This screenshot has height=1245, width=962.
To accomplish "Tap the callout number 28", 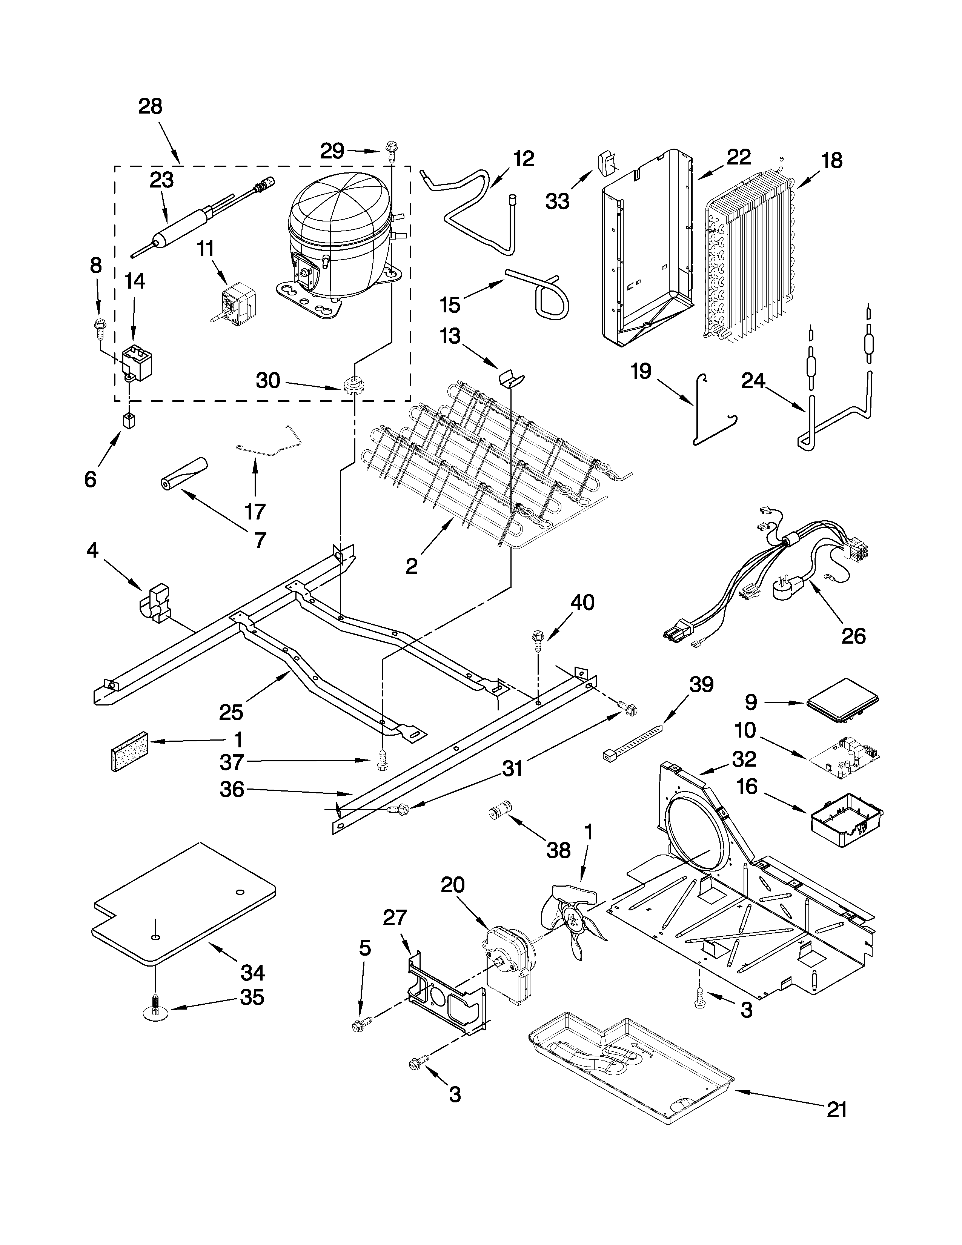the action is point(151,107).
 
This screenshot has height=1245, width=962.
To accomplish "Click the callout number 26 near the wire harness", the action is point(853,636).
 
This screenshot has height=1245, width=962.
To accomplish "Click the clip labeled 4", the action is point(155,600).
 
